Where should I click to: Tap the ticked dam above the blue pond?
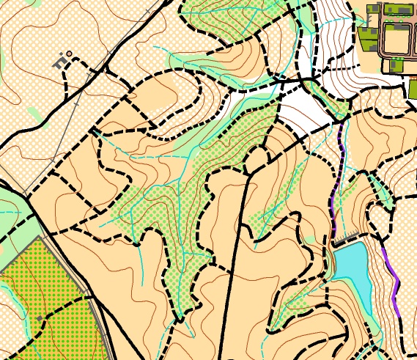tap(350, 239)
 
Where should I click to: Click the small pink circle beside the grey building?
tap(69, 54)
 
